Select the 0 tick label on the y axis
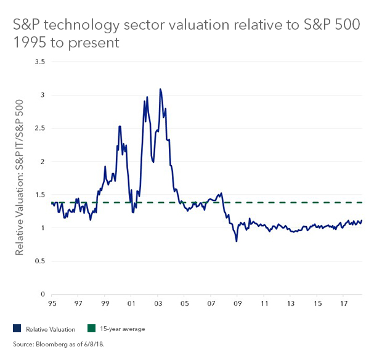tap(43, 295)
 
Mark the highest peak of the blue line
tap(160, 89)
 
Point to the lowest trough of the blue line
tap(237, 241)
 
